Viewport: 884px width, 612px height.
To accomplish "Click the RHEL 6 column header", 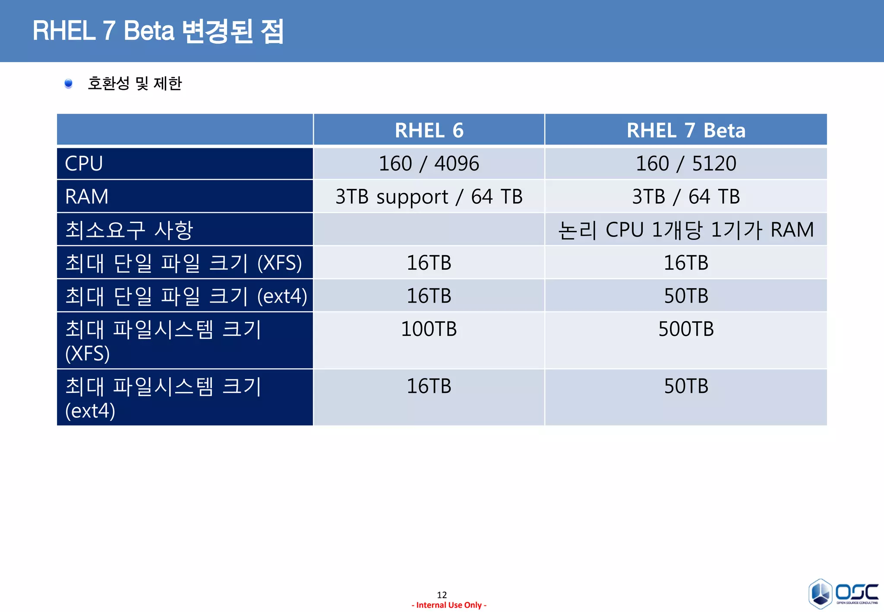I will (429, 130).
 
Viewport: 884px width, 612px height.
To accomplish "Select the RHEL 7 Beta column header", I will (686, 130).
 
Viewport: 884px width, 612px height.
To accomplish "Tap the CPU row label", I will (84, 164).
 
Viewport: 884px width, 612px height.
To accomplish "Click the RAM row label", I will (87, 197).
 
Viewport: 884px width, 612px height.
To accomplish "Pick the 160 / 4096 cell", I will (429, 164).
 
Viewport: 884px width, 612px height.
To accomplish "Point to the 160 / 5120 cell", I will (686, 164).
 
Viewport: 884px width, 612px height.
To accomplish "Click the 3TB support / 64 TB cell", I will (429, 197).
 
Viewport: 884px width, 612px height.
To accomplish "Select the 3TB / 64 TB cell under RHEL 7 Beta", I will (686, 197).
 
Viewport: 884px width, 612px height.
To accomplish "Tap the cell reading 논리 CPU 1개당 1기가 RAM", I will (686, 230).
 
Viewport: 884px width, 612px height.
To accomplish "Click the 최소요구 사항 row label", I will (129, 230).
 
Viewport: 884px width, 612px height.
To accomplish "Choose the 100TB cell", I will (429, 329).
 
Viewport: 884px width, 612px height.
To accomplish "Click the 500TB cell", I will (686, 329).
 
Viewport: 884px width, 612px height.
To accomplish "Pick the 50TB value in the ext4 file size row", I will (686, 296).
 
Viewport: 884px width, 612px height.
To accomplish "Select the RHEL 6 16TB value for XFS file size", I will (429, 263).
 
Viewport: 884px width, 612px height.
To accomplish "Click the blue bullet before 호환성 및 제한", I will (68, 83).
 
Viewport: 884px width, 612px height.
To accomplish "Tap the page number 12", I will (442, 595).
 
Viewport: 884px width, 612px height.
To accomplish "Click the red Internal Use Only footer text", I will (449, 605).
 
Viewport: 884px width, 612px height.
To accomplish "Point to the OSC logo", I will (843, 593).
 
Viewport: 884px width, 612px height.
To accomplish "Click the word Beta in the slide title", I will (149, 31).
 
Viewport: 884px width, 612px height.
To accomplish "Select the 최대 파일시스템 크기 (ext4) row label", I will (163, 398).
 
